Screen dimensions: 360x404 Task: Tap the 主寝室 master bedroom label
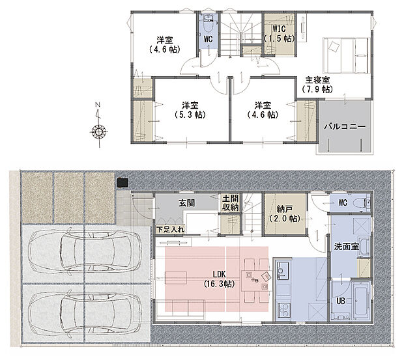point(317,85)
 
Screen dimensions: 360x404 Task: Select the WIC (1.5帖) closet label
point(279,34)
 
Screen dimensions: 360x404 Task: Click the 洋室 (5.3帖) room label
point(190,110)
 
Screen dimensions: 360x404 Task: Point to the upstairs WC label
point(208,39)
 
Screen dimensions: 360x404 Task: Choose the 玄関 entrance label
point(188,203)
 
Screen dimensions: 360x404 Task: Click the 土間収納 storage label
point(231,203)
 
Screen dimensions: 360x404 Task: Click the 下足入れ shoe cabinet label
point(169,229)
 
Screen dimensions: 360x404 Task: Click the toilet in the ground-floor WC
point(357,203)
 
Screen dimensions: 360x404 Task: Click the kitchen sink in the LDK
point(283,269)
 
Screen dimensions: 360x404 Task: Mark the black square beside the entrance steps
point(121,183)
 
